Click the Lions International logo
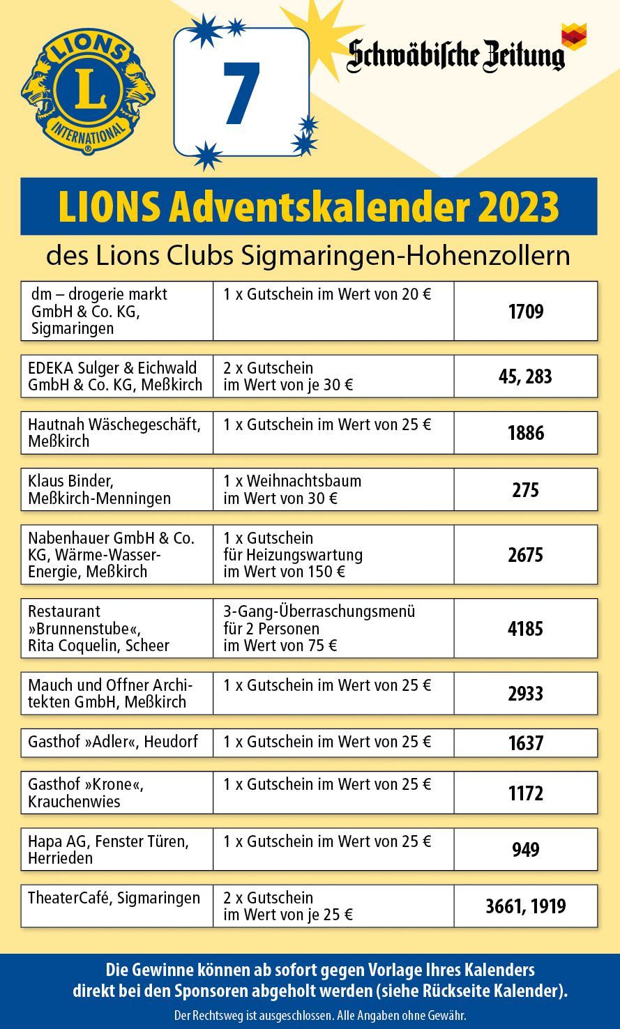point(88,91)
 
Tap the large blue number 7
point(241,93)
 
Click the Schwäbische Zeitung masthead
point(457,55)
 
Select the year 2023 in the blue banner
point(517,206)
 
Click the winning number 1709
point(525,312)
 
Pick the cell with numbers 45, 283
point(525,376)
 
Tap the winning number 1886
point(525,433)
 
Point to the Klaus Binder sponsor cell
point(116,489)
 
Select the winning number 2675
point(525,555)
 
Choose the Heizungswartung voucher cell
point(333,555)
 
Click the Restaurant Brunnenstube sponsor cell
point(116,628)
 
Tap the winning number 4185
point(525,628)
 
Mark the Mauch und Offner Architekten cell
point(116,693)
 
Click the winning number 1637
point(525,743)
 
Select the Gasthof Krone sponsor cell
point(116,793)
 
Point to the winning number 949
point(525,850)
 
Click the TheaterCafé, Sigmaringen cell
point(116,906)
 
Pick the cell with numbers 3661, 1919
point(525,906)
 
